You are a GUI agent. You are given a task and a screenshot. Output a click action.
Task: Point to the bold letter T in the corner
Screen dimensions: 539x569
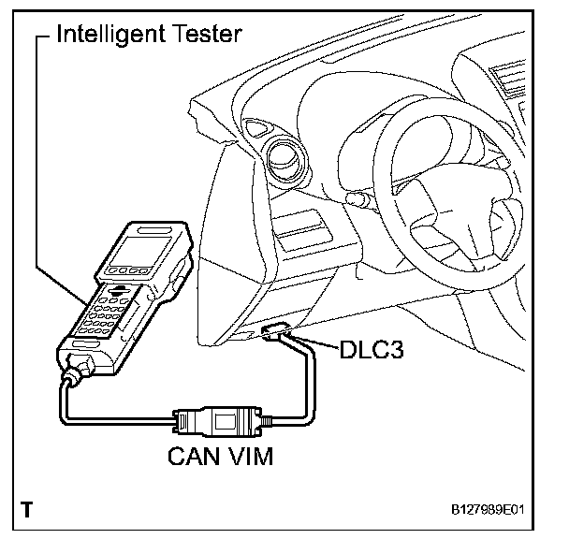click(27, 511)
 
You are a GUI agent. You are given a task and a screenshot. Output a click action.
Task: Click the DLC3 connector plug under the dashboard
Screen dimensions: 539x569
click(280, 332)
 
